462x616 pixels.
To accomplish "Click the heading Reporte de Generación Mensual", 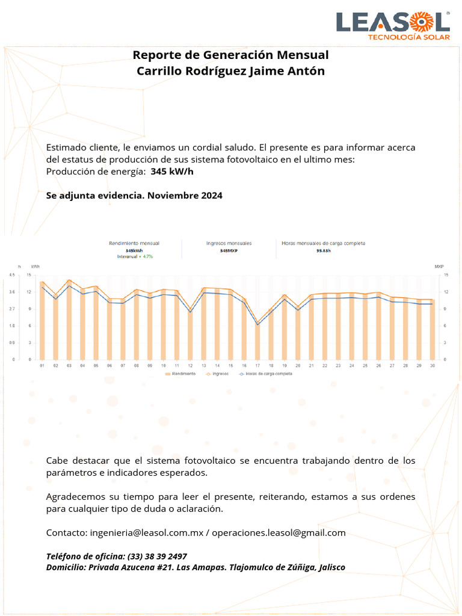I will point(230,55).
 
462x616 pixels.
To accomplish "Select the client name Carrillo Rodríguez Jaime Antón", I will point(230,71).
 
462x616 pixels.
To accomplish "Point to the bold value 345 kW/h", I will point(172,171).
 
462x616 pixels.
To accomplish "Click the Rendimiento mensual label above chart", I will point(134,243).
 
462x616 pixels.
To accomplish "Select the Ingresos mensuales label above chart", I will point(229,243).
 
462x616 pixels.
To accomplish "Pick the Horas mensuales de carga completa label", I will point(323,243).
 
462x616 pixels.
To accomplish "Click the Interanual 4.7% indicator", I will point(135,256).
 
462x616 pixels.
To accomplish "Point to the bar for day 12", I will point(190,334).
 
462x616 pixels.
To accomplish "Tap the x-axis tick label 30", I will point(432,365).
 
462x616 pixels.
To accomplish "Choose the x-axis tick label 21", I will point(311,365).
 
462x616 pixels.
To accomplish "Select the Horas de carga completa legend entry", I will point(268,374).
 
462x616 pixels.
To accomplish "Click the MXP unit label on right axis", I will point(439,265).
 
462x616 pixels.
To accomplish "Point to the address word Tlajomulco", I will point(251,567).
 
